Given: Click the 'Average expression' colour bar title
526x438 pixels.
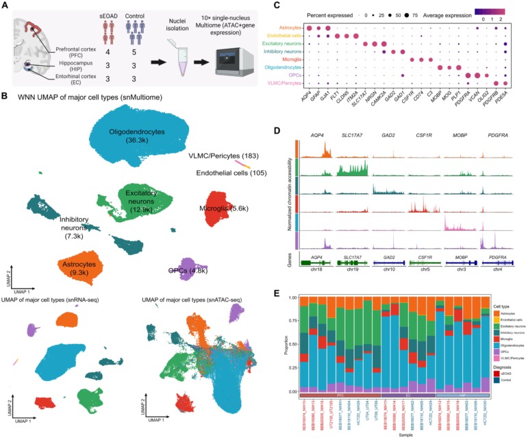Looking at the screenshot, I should [x=450, y=12].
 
